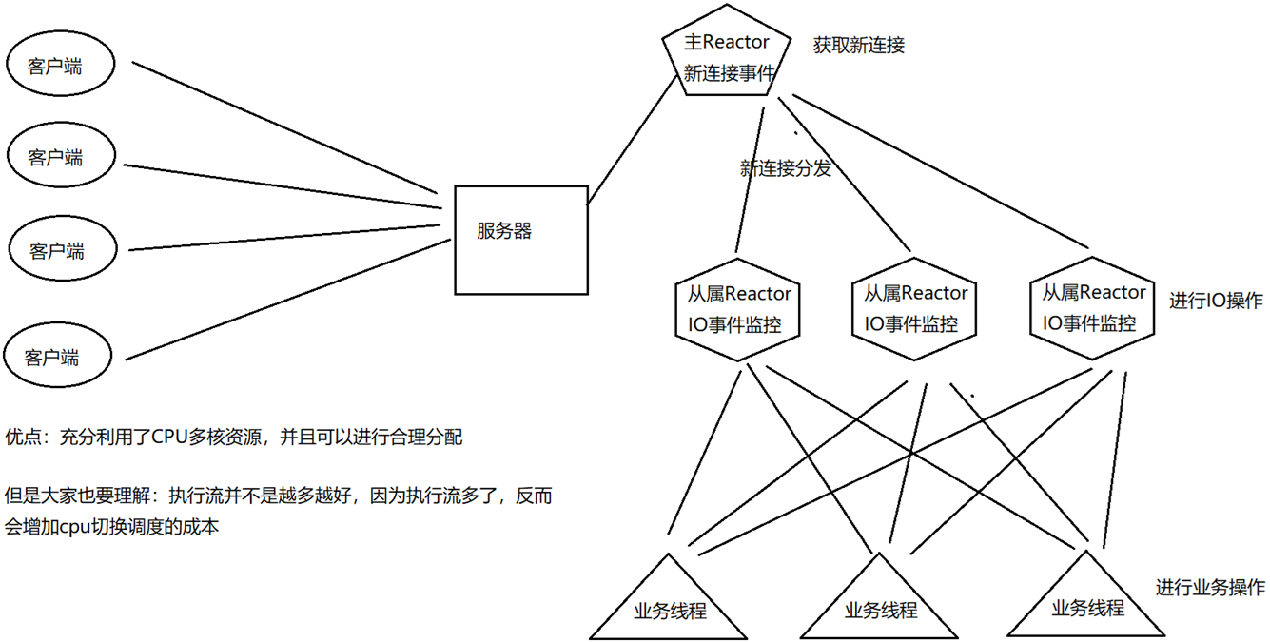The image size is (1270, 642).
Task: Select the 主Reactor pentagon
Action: pos(728,57)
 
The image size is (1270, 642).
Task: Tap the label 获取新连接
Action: pos(858,45)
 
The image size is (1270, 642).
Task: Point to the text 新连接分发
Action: pos(785,169)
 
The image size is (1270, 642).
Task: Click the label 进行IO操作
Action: pos(1216,301)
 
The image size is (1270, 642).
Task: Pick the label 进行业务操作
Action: pos(1210,587)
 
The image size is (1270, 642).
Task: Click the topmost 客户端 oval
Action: pos(59,66)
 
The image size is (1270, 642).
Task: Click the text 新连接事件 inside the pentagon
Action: pos(729,73)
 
